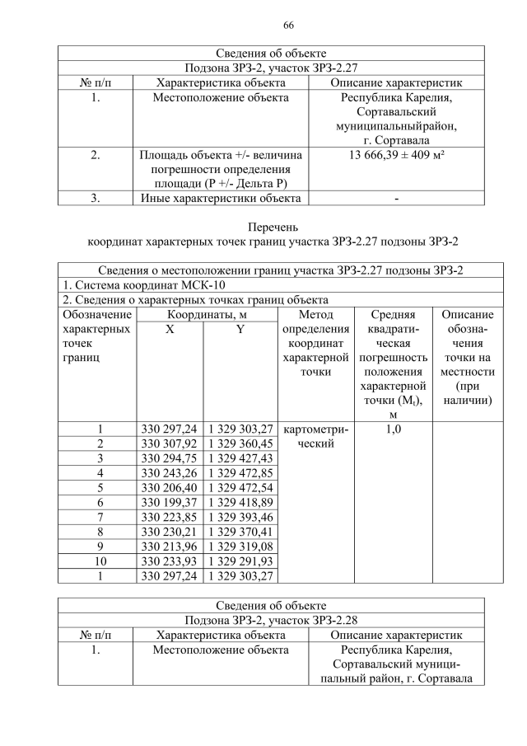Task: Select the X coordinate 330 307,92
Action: point(170,443)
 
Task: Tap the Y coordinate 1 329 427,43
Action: point(240,458)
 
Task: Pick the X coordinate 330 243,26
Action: point(170,472)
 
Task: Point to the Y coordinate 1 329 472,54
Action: point(240,487)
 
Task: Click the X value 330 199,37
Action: point(170,502)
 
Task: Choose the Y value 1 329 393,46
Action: point(240,516)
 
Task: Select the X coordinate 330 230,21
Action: point(170,531)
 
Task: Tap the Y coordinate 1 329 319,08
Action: point(240,546)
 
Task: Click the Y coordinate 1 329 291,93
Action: point(240,561)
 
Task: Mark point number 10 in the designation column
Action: point(100,561)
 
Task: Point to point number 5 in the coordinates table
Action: point(100,487)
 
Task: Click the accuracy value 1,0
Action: point(393,429)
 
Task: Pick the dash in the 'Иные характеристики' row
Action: point(396,198)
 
